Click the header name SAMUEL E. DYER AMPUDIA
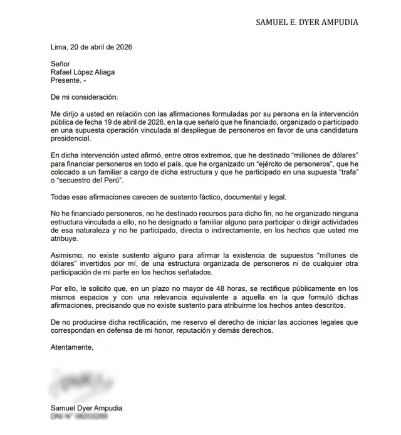click(307, 22)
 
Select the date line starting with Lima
click(91, 47)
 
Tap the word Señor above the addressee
click(61, 63)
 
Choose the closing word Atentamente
click(72, 348)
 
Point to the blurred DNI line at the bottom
click(79, 416)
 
